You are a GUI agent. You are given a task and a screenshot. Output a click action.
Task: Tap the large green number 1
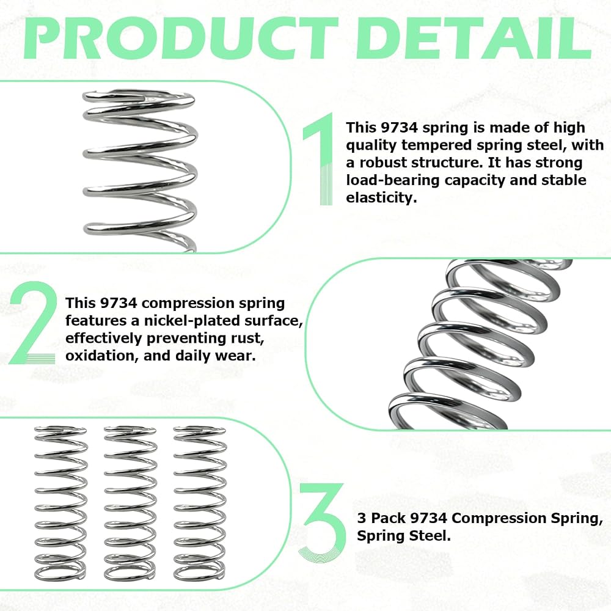(x=319, y=159)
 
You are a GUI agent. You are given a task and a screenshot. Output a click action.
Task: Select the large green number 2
(x=33, y=323)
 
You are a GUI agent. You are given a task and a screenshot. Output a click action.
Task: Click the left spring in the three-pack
(x=60, y=503)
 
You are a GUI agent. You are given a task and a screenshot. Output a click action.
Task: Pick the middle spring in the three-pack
(x=131, y=503)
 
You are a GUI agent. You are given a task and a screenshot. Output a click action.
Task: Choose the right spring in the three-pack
(x=200, y=503)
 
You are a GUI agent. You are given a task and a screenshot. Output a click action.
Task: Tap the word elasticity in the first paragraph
(x=381, y=197)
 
